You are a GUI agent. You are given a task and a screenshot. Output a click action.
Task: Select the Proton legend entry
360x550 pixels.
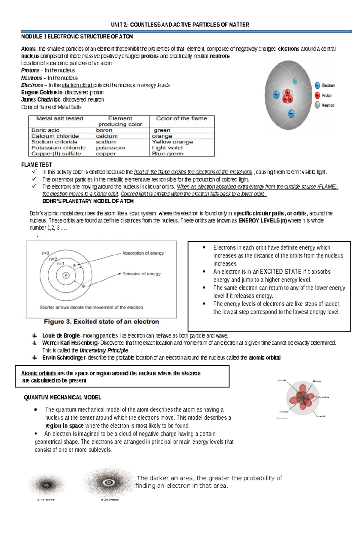point(324,96)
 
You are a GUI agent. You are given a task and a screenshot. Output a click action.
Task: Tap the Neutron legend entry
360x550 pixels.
point(324,105)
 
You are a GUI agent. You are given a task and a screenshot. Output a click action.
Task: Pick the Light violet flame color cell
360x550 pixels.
point(167,148)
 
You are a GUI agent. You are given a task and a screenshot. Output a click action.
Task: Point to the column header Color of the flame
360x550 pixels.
point(181,118)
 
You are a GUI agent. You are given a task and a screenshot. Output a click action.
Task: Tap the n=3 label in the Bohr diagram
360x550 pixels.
point(46,253)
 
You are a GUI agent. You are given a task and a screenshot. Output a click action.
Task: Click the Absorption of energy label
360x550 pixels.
point(143,253)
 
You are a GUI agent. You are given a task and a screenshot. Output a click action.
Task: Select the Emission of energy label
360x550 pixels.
point(141,274)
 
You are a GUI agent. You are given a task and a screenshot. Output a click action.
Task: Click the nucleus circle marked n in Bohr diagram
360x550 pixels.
point(66,275)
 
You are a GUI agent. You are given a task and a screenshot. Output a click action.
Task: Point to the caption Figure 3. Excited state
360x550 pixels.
point(101,322)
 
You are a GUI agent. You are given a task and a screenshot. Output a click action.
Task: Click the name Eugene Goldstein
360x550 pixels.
point(42,92)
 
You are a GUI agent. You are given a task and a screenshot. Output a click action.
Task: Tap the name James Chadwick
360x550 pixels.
point(41,100)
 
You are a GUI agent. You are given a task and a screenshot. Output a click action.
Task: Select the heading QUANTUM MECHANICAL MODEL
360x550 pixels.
point(62,397)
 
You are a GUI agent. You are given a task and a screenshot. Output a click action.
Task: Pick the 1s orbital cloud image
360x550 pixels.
point(46,485)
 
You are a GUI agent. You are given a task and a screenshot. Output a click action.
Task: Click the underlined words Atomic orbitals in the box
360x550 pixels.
point(39,373)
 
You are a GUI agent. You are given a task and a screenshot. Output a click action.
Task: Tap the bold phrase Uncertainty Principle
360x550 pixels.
point(104,350)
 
